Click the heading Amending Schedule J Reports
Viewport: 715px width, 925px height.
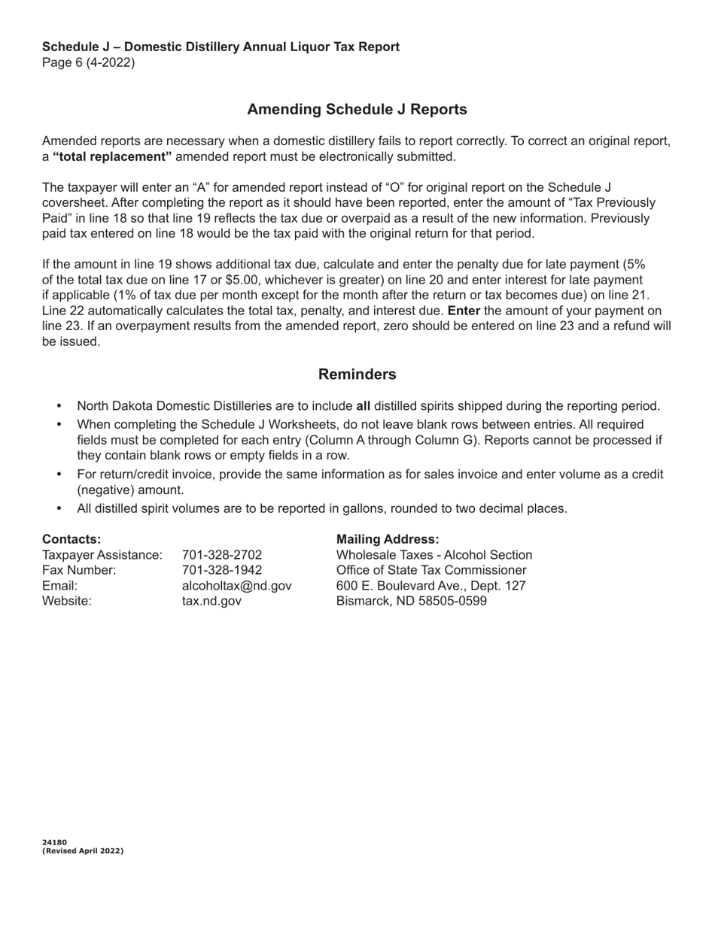tap(357, 110)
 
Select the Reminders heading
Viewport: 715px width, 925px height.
tap(357, 375)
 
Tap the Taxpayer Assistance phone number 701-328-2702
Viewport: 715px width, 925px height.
tap(222, 555)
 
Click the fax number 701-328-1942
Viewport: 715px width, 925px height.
tap(222, 570)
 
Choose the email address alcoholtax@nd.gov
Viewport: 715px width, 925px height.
tap(236, 586)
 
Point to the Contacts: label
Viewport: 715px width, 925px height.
tap(71, 539)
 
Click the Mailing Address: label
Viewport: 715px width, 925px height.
tap(388, 539)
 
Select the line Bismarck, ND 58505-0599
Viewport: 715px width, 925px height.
tap(412, 601)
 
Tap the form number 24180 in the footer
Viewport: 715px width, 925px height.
tap(54, 842)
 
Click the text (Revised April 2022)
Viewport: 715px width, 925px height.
tap(83, 851)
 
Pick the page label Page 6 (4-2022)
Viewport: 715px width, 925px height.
tap(88, 63)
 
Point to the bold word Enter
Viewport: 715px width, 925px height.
tap(464, 311)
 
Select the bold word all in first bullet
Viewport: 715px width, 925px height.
tap(363, 406)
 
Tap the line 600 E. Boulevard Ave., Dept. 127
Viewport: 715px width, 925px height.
tap(431, 586)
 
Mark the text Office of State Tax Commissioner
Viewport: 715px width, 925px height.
tap(431, 570)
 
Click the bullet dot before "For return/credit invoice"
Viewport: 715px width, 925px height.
tap(60, 475)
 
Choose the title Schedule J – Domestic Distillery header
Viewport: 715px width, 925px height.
tap(221, 47)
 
